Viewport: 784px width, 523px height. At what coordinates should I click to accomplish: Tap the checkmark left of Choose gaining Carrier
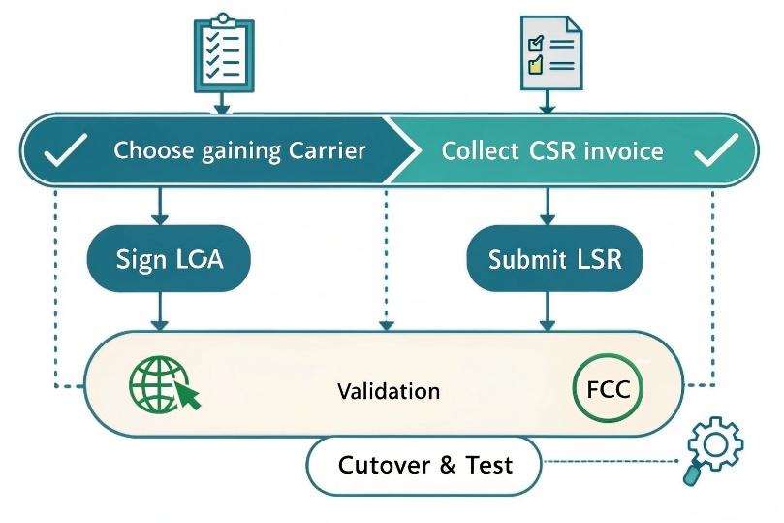[x=67, y=149]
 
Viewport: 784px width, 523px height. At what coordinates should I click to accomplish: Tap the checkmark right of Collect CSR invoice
[x=718, y=149]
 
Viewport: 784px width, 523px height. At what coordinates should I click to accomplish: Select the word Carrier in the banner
[x=328, y=150]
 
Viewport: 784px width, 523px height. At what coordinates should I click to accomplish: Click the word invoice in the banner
[x=624, y=150]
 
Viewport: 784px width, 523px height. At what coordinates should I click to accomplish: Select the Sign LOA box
[x=169, y=259]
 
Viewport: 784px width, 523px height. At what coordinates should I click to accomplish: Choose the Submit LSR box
[x=554, y=259]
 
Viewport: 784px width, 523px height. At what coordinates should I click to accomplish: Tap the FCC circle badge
[x=608, y=389]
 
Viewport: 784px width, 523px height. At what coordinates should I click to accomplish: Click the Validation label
[x=389, y=391]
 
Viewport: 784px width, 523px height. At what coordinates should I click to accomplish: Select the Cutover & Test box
[x=424, y=465]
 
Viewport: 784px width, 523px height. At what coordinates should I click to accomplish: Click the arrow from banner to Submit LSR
[x=548, y=205]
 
